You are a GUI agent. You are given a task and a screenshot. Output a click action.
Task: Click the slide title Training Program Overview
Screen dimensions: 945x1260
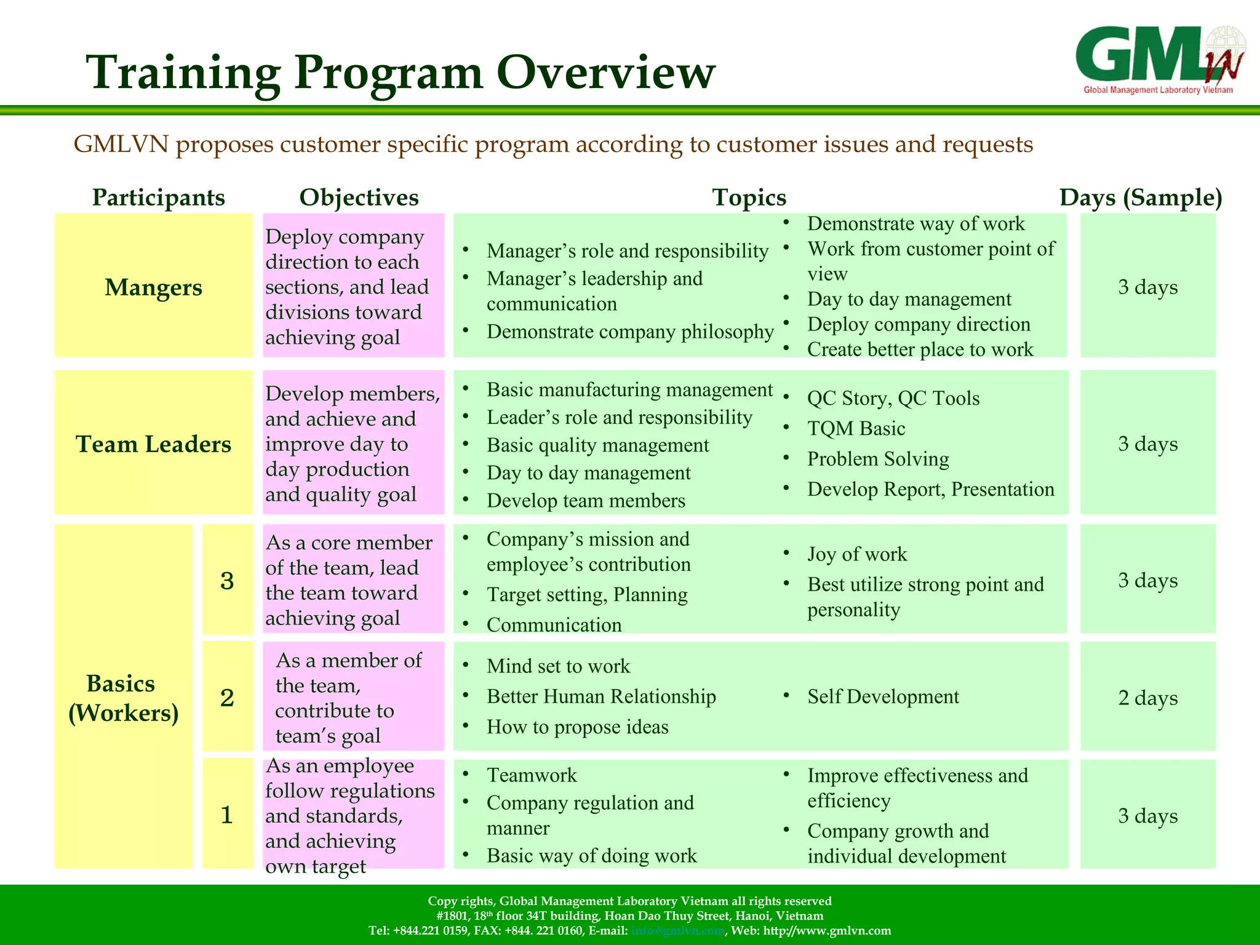pos(401,73)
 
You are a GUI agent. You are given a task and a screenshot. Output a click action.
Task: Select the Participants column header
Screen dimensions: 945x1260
pos(158,197)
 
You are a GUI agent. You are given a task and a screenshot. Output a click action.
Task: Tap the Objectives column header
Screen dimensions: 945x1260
pos(359,197)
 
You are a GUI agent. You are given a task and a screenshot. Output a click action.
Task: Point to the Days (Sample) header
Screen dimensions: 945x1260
pos(1140,197)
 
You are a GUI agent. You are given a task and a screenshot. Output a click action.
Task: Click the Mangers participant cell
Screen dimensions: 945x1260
pos(153,287)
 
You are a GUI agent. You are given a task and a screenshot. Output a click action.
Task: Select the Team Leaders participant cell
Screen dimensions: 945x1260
pos(153,444)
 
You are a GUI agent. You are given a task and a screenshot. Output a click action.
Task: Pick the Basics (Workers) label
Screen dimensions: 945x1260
pos(123,698)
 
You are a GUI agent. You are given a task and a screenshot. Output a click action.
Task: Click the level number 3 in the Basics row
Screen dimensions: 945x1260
pos(227,580)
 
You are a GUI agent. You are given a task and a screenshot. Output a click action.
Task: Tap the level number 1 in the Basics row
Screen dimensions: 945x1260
pos(227,815)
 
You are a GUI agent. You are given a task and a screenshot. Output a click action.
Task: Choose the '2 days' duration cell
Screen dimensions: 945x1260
pos(1147,698)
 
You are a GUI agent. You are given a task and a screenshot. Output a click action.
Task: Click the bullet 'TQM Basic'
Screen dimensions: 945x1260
pos(856,428)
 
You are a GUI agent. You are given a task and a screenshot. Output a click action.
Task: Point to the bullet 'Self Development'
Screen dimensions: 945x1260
pos(883,696)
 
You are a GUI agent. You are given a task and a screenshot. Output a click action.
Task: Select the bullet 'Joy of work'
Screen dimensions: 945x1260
pos(857,554)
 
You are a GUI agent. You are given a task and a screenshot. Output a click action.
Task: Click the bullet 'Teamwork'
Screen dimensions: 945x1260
pos(532,775)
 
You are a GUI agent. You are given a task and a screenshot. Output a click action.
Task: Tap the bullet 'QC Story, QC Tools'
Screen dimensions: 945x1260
pos(893,398)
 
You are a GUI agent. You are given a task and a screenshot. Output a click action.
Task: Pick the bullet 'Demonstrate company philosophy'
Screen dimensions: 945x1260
pos(630,332)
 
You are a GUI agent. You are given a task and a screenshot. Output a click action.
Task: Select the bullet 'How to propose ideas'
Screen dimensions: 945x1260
pos(577,727)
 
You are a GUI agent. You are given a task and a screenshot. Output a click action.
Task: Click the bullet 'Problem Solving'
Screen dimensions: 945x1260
pos(878,459)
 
